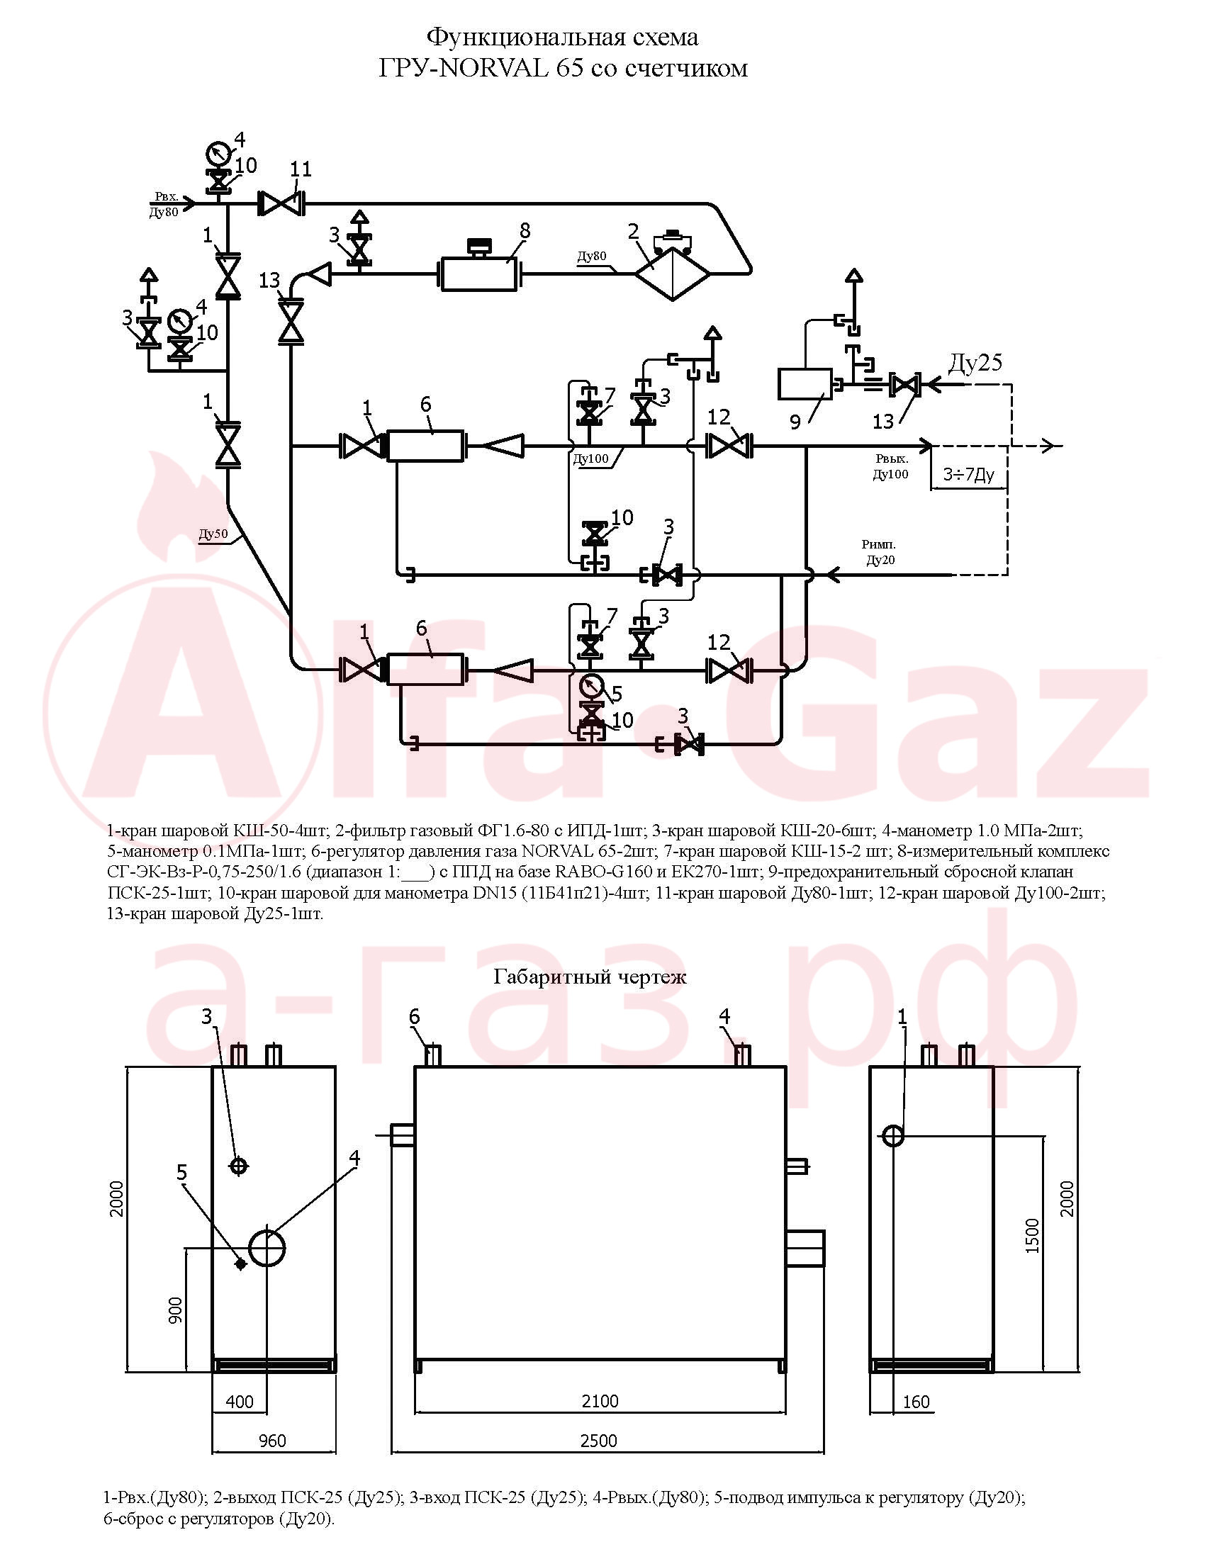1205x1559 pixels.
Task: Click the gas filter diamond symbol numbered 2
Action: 673,272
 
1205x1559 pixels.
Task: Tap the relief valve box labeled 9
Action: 805,384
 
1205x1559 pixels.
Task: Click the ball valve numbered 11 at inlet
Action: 281,204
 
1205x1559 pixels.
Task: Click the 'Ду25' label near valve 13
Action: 975,363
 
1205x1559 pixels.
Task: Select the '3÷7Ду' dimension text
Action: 969,474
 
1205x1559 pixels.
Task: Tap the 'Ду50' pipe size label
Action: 213,534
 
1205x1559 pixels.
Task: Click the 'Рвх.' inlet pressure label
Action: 167,196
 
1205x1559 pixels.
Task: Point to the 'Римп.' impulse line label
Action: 879,545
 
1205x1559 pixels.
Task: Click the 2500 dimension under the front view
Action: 599,1441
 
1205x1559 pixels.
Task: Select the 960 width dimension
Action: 272,1441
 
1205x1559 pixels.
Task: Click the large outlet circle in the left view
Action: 267,1247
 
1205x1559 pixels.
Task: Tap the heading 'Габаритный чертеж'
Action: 590,976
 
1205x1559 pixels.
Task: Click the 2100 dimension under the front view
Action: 600,1401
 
